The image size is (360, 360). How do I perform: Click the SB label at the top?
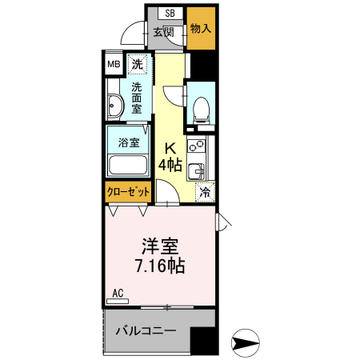coord(170,14)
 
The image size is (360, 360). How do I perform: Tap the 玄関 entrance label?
coord(164,32)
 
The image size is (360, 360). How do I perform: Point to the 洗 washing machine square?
coord(138,64)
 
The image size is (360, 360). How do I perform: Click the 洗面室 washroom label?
coord(138,98)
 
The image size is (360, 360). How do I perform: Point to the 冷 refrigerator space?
coord(206,191)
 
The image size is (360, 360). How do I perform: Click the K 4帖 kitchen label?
coord(170,157)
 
